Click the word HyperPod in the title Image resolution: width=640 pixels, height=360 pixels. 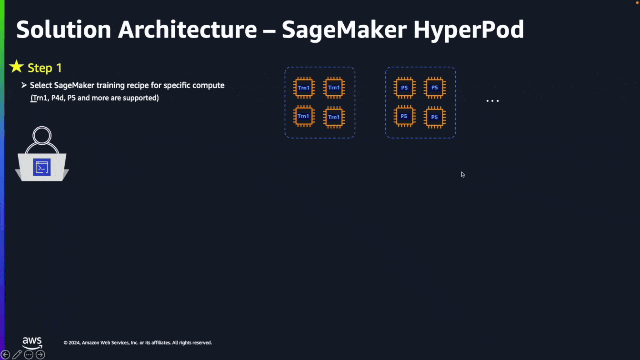click(469, 30)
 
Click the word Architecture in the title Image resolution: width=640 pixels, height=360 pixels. click(188, 30)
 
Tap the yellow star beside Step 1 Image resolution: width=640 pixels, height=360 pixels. click(17, 67)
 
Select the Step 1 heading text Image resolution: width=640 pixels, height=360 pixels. click(45, 68)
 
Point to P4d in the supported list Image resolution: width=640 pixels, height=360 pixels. click(58, 98)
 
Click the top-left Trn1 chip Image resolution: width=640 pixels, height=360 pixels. click(304, 88)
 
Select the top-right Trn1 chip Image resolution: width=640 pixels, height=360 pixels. click(334, 88)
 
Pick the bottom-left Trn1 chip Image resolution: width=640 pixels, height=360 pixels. click(304, 116)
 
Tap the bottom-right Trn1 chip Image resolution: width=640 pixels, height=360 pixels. click(334, 117)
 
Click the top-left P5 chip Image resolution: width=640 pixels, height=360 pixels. click(404, 88)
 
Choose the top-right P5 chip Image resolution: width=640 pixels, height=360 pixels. click(435, 88)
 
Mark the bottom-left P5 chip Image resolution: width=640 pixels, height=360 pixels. click(404, 116)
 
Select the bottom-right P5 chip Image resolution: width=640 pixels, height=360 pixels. click(435, 117)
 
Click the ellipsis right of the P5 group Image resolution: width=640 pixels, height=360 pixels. click(492, 101)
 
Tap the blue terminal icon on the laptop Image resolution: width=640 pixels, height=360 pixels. click(42, 167)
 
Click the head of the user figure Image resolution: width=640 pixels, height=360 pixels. click(42, 135)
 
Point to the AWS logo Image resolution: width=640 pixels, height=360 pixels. click(32, 343)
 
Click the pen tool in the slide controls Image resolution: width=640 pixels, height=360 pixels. click(17, 355)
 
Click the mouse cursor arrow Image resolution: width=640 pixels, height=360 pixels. click(463, 175)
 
